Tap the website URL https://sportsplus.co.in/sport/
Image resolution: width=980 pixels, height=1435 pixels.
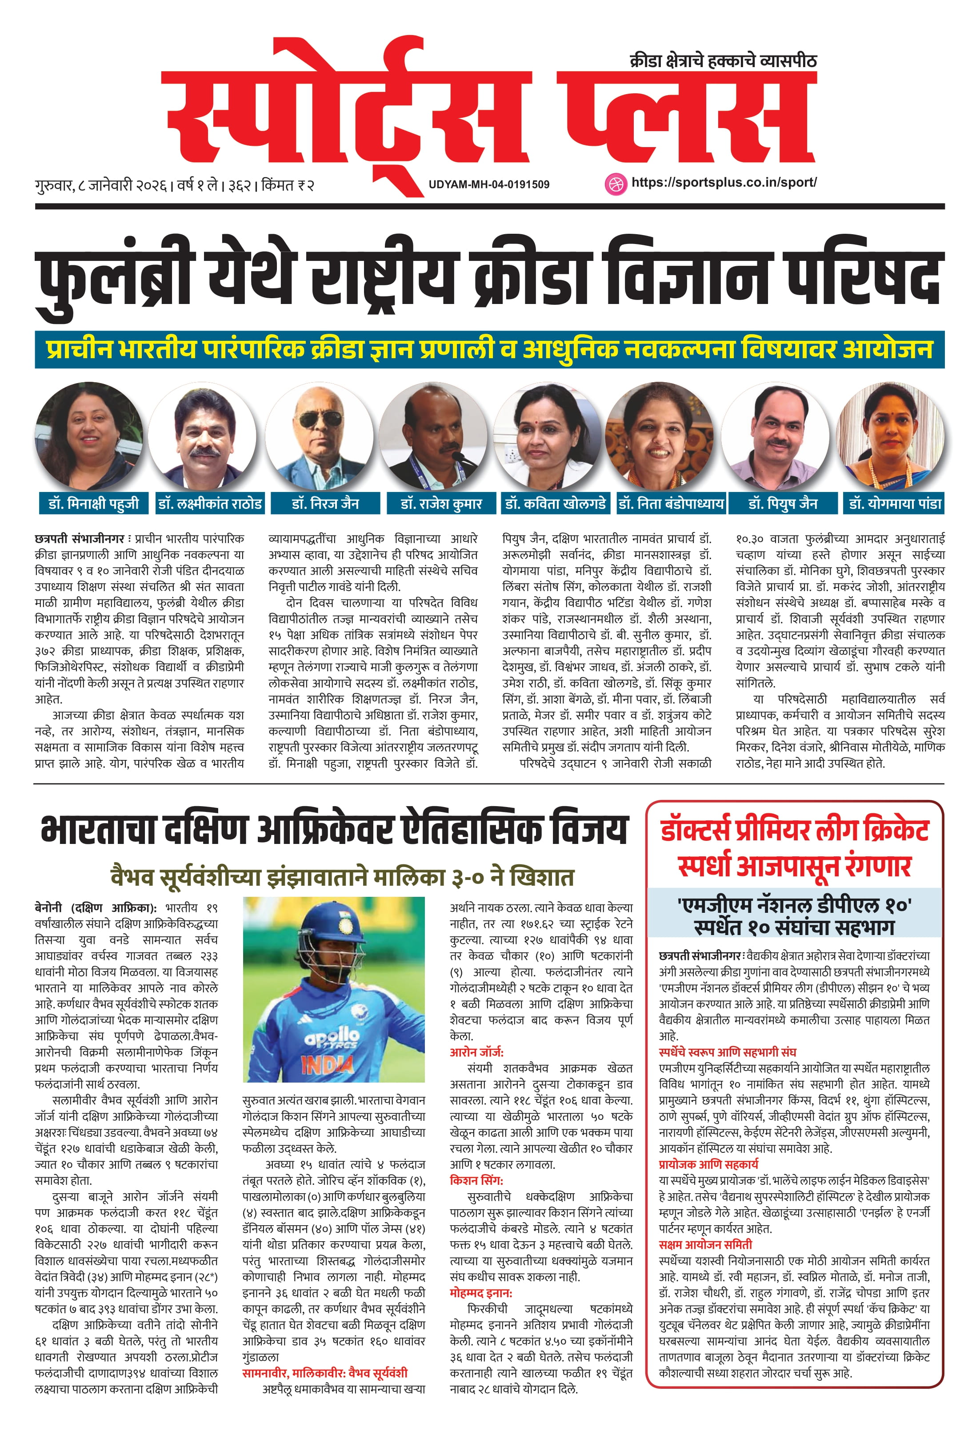724,182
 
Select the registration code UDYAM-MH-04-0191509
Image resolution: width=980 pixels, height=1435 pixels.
488,184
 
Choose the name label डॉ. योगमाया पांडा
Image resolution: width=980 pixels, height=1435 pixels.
895,503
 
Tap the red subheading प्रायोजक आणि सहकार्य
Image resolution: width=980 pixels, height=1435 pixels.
708,1164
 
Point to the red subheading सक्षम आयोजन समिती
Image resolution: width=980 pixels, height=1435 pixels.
705,1244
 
